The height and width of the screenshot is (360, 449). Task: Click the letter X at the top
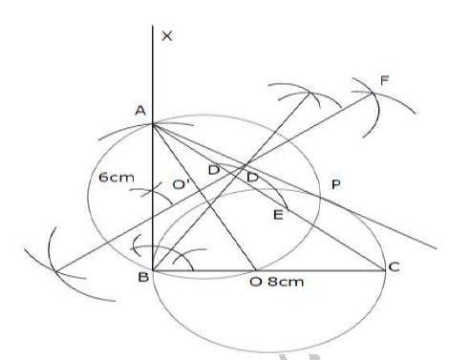point(169,36)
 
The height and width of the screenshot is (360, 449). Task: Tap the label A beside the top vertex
point(139,111)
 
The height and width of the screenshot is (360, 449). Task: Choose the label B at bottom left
point(139,279)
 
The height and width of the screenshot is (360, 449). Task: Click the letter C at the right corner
point(393,270)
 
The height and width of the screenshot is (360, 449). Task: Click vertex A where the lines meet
point(153,122)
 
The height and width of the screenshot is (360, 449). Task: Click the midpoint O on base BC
point(254,270)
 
